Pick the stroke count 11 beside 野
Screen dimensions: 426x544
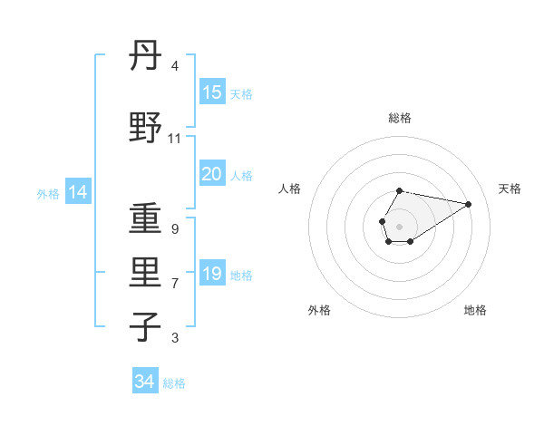(x=175, y=139)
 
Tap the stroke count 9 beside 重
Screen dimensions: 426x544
(x=175, y=229)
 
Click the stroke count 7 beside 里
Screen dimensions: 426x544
(x=175, y=284)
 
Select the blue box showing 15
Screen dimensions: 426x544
(x=212, y=92)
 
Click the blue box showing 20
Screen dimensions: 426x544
(x=212, y=174)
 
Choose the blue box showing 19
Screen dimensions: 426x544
(x=212, y=274)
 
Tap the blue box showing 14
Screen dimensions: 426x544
(x=77, y=191)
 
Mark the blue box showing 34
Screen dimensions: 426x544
(x=145, y=382)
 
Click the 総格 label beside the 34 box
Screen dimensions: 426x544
(x=174, y=383)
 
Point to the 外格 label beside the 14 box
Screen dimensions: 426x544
(x=47, y=193)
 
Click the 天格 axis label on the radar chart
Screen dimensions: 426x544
(x=510, y=189)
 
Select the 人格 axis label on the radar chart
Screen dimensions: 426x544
(x=290, y=189)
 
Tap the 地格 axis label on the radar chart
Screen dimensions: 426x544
(x=475, y=310)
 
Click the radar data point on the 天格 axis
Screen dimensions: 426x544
(x=469, y=203)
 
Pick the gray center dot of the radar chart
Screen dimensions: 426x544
(x=399, y=226)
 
